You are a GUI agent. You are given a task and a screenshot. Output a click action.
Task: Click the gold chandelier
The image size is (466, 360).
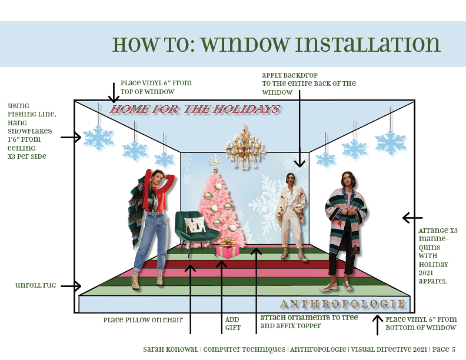(x=244, y=147)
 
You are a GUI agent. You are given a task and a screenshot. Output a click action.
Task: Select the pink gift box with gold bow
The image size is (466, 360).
(x=227, y=248)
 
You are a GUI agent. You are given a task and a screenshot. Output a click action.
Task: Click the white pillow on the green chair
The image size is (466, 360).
(x=195, y=225)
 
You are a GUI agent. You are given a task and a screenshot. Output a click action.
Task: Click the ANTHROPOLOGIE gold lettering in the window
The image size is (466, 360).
(x=342, y=304)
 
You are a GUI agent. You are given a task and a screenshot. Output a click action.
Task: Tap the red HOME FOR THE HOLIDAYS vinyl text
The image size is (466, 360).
(x=195, y=109)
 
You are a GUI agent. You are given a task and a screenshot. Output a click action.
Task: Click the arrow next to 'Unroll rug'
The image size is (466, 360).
(x=71, y=286)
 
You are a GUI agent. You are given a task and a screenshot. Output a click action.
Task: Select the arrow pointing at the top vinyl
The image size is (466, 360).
(x=114, y=93)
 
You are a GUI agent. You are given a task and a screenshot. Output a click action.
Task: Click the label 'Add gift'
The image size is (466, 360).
(x=232, y=324)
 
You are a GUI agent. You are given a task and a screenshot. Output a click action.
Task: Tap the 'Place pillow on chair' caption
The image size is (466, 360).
(x=143, y=320)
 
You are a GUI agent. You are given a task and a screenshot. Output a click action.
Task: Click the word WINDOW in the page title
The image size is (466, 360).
(x=245, y=45)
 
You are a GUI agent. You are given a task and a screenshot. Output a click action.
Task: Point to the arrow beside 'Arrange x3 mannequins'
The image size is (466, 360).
(x=412, y=218)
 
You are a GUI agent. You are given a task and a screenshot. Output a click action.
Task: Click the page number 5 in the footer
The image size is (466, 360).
(x=454, y=349)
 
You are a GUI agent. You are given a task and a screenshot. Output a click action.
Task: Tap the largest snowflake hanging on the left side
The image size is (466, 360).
(x=98, y=138)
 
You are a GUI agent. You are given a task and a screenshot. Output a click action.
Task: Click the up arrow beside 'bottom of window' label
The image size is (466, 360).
(x=377, y=325)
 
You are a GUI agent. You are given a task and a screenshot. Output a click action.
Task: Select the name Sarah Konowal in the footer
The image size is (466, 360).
(x=171, y=349)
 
